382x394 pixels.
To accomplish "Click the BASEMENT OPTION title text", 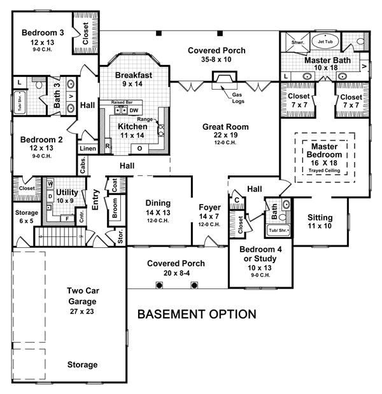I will [197, 314].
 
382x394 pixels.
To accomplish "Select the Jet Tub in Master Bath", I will [325, 42].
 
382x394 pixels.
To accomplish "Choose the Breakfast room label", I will [133, 75].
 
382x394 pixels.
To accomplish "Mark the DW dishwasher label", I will [134, 110].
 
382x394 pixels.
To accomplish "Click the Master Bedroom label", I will [325, 152].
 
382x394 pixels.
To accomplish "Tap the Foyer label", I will [209, 206].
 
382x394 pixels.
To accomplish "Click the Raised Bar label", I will [121, 102].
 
